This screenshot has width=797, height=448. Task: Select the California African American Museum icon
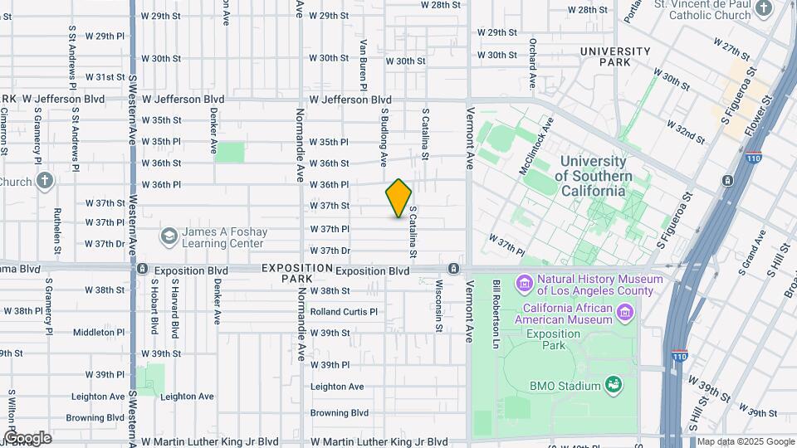tap(626, 313)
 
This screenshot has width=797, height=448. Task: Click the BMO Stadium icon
tap(614, 384)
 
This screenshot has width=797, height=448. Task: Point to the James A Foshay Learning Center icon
tap(169, 237)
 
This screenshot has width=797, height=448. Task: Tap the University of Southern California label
tap(593, 176)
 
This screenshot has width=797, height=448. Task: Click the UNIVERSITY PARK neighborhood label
tap(615, 56)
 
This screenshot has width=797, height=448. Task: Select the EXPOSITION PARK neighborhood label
tap(296, 274)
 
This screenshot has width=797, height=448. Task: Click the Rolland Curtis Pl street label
tap(344, 312)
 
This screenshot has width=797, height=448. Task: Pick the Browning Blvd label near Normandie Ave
tap(339, 412)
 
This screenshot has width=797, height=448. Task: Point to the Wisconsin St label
tap(438, 305)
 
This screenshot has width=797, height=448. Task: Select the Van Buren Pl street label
tap(364, 63)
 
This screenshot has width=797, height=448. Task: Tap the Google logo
tap(27, 438)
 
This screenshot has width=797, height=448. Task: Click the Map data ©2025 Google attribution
tap(745, 441)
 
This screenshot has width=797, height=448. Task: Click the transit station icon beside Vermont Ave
tap(454, 269)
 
